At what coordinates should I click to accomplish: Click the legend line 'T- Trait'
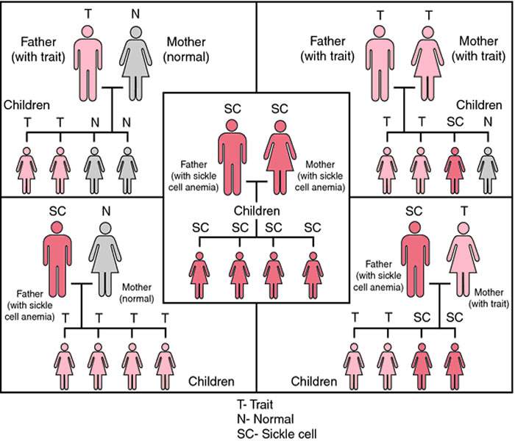[x=255, y=404]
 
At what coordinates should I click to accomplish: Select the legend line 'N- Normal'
[x=266, y=419]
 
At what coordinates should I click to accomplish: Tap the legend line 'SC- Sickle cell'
[x=277, y=434]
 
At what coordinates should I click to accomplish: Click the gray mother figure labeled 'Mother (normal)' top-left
[x=135, y=63]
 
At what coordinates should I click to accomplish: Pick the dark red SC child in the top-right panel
[x=455, y=171]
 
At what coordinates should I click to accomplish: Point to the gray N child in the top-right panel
[x=488, y=171]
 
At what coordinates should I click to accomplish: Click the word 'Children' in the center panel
[x=257, y=211]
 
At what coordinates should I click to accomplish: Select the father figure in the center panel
[x=232, y=157]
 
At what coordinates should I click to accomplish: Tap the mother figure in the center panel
[x=280, y=157]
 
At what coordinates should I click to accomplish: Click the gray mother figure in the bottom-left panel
[x=105, y=259]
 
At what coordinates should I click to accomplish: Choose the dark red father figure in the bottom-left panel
[x=57, y=259]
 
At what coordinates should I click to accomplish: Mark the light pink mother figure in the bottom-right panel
[x=463, y=259]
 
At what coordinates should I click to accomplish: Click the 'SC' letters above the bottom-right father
[x=413, y=212]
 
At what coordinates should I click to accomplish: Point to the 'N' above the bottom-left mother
[x=106, y=212]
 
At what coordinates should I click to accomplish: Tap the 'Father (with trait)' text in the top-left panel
[x=38, y=49]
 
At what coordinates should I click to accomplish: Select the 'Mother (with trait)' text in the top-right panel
[x=478, y=49]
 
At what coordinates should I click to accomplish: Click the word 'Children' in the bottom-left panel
[x=211, y=381]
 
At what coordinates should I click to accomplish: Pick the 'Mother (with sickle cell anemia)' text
[x=320, y=176]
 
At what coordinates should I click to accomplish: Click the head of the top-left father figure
[x=88, y=32]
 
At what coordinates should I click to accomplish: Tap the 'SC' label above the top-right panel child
[x=455, y=122]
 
